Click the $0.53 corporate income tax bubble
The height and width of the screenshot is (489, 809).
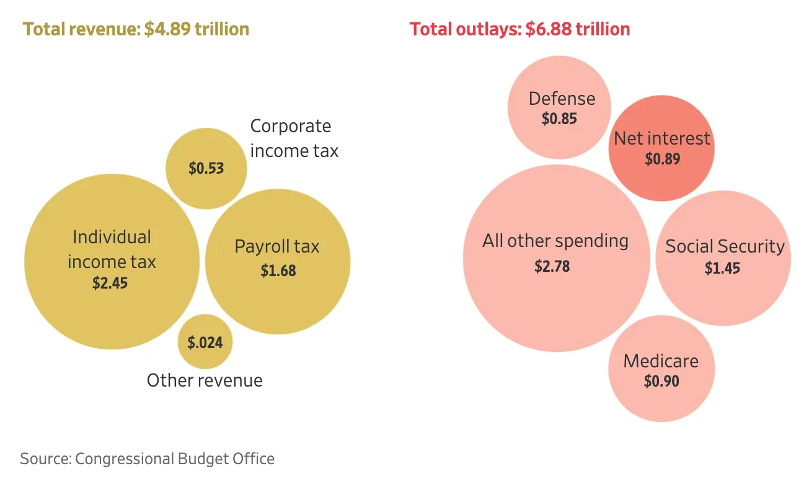206,168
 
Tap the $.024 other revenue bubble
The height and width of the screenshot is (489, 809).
205,341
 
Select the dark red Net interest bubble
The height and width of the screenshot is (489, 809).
661,148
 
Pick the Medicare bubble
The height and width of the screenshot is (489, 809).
661,369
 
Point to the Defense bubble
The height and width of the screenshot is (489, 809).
559,107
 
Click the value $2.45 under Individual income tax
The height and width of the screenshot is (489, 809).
110,283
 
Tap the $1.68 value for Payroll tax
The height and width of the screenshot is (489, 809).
278,271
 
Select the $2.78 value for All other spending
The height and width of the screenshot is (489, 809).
552,266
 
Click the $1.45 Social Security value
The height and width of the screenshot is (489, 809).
722,268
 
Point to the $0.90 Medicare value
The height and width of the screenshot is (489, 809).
661,381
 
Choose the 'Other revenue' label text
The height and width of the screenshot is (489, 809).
205,380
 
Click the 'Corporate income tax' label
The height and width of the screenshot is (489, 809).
294,138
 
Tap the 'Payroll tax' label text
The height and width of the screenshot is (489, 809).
277,246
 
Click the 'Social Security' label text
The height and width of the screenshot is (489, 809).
725,246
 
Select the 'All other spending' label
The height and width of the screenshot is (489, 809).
555,241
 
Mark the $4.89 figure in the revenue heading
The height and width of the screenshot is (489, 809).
167,29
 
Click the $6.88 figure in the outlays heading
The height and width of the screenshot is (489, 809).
548,29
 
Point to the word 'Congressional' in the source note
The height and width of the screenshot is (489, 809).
124,459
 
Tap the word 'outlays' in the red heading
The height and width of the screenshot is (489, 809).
488,29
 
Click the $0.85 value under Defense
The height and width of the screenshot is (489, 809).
559,119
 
